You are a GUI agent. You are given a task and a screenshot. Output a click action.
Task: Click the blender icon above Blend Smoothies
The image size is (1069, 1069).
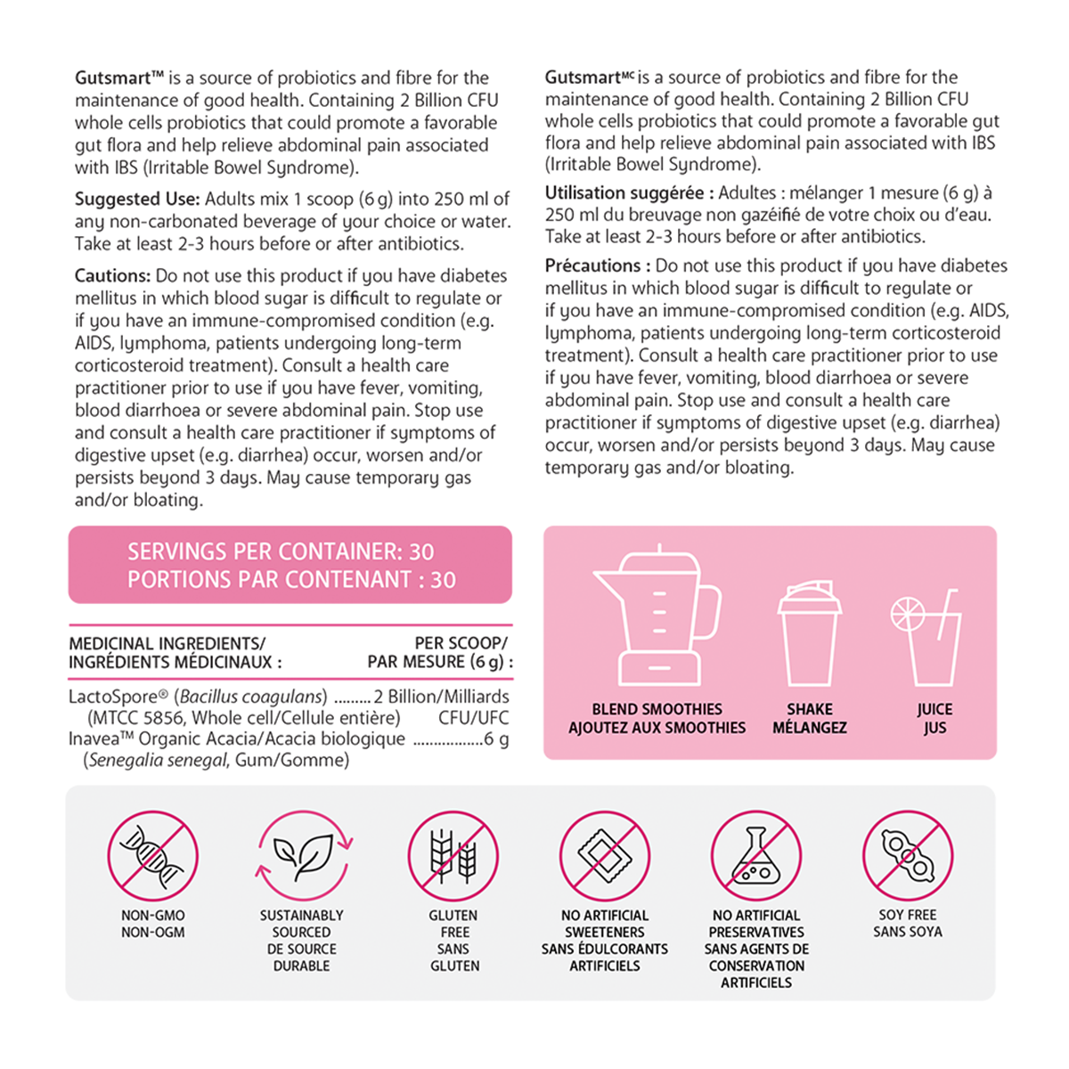tap(657, 616)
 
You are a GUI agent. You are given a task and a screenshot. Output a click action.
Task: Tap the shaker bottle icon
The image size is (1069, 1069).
tap(809, 634)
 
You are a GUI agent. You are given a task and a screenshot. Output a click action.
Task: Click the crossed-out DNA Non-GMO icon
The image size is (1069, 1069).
tap(152, 855)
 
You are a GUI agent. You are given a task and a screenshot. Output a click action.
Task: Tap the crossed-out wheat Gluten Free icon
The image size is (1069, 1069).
tap(453, 855)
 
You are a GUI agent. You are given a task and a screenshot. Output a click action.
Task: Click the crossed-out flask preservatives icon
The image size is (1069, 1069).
tap(756, 855)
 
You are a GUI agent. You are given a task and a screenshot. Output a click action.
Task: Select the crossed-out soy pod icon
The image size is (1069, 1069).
tap(908, 855)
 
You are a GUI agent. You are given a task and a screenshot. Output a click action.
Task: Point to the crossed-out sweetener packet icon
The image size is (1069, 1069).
tap(605, 855)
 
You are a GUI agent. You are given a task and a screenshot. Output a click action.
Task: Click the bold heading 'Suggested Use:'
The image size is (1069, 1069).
tap(137, 200)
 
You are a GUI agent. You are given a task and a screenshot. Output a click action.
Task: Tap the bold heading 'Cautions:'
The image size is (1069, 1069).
tap(112, 276)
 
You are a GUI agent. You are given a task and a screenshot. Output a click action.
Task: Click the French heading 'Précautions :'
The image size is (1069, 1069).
tap(597, 265)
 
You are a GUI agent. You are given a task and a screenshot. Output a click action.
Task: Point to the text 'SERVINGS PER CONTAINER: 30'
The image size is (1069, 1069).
tap(281, 551)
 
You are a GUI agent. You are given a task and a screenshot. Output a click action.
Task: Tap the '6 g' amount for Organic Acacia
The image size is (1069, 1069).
tap(496, 739)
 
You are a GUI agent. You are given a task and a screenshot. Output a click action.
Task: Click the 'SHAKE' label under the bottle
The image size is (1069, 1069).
tap(809, 709)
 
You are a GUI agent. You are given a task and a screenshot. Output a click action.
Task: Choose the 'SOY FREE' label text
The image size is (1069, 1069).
tap(908, 915)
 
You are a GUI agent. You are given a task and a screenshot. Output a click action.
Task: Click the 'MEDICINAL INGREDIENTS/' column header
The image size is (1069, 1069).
tap(167, 643)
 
